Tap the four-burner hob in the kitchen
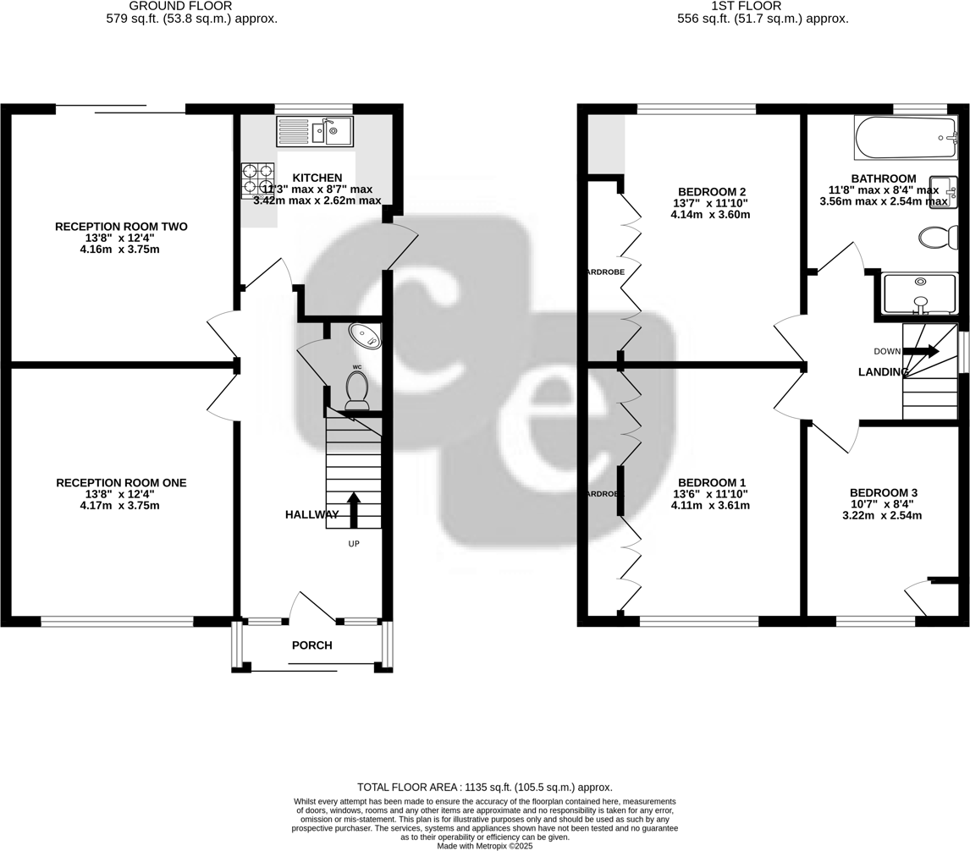[x=258, y=180]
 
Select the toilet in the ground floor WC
[x=357, y=391]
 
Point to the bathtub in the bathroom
[x=905, y=138]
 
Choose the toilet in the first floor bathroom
[x=937, y=238]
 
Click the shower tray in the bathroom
[x=919, y=294]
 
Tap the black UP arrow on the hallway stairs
[x=354, y=510]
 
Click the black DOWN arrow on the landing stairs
[x=922, y=351]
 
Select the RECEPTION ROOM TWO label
[x=121, y=227]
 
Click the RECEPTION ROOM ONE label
[x=121, y=483]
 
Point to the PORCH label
[x=311, y=645]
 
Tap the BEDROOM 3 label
[x=884, y=492]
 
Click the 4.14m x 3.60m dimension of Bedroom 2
[x=710, y=215]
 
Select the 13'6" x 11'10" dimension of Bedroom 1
[x=710, y=494]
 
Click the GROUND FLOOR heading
[x=180, y=6]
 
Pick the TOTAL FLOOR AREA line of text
[x=484, y=787]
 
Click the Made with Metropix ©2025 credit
[x=484, y=845]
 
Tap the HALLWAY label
[x=311, y=514]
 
